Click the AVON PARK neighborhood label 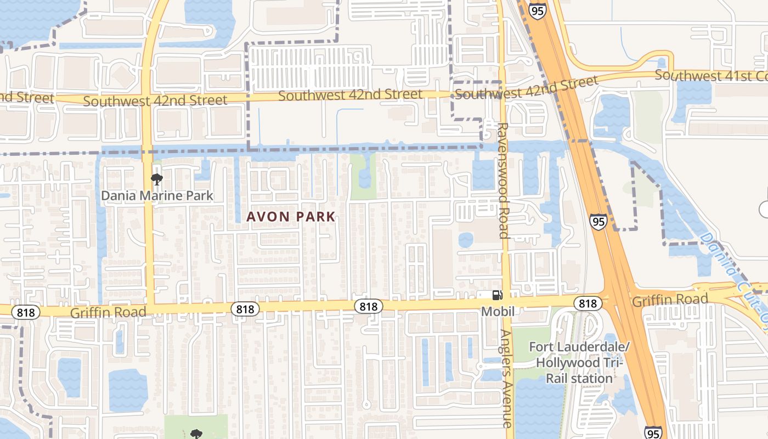coord(291,216)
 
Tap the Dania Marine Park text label coord(157,195)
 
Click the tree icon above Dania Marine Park coord(156,179)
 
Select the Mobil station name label coord(498,312)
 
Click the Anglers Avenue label coord(506,379)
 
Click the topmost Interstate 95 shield coord(538,10)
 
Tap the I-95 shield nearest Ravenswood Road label coord(598,222)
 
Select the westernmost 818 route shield coord(26,312)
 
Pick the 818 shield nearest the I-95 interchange coord(588,303)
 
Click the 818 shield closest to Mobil coord(368,306)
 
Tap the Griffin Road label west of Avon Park coord(108,312)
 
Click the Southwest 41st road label coord(711,76)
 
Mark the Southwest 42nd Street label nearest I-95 coord(526,88)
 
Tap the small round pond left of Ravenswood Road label coord(466,240)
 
